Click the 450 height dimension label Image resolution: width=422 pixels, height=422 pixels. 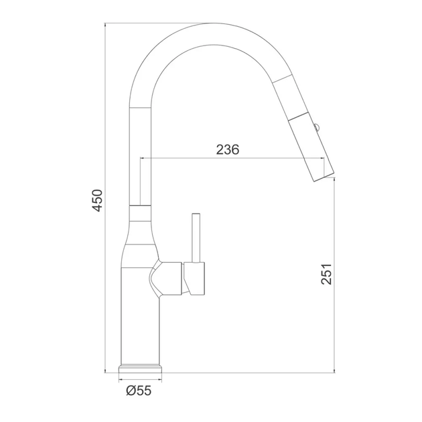click(97, 200)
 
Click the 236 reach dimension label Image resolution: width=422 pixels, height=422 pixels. click(228, 149)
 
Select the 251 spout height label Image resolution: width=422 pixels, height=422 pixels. click(326, 274)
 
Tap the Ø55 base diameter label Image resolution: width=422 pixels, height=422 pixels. click(139, 391)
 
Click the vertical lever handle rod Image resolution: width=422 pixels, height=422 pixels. click(196, 238)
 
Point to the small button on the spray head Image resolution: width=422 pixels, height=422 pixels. click(316, 126)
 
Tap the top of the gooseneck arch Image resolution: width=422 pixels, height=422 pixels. click(212, 24)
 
